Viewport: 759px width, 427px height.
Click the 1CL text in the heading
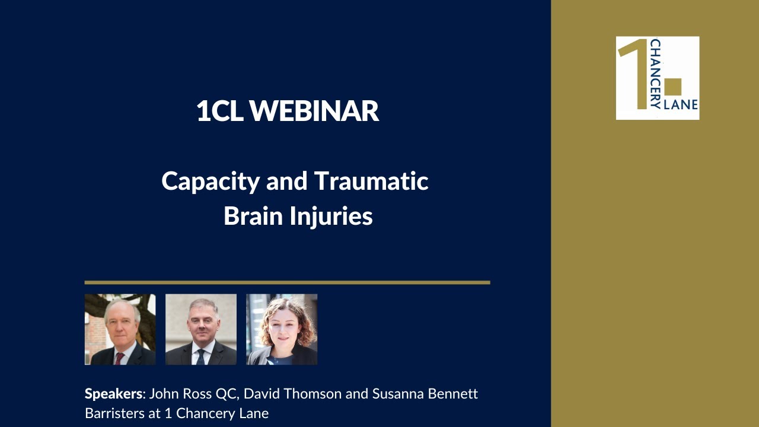pos(220,111)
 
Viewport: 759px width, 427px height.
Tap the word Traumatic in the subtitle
pos(371,181)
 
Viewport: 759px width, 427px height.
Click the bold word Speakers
pos(114,394)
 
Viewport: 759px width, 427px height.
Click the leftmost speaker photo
pos(120,329)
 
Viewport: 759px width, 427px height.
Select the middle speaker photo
pos(200,329)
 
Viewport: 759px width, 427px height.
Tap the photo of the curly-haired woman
pos(282,329)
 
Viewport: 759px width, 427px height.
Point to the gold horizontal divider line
pos(287,282)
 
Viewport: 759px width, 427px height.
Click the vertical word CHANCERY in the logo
pos(655,74)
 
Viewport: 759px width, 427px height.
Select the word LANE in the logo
pos(684,105)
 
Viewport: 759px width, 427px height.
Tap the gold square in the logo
pos(673,87)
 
